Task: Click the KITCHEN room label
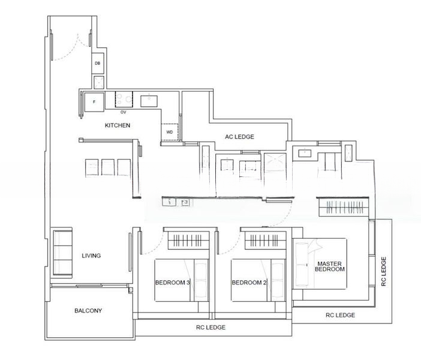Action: coord(118,125)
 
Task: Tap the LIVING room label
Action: coord(91,256)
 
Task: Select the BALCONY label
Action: coord(88,311)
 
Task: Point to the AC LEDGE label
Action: coord(239,137)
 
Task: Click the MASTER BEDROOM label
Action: coord(330,266)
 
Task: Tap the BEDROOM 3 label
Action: coord(173,283)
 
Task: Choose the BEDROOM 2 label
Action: coord(249,283)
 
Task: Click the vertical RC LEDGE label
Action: coord(384,271)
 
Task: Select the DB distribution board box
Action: coord(98,64)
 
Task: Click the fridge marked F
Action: coord(94,102)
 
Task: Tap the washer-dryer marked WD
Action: coord(170,132)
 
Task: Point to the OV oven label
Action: coord(123,112)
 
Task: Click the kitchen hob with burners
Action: coord(124,100)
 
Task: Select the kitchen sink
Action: coord(149,100)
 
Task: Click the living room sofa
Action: coord(63,253)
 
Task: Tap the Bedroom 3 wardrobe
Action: coord(188,240)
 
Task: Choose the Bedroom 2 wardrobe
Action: coord(265,240)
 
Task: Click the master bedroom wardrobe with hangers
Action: coord(344,207)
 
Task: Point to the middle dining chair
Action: coord(108,167)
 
